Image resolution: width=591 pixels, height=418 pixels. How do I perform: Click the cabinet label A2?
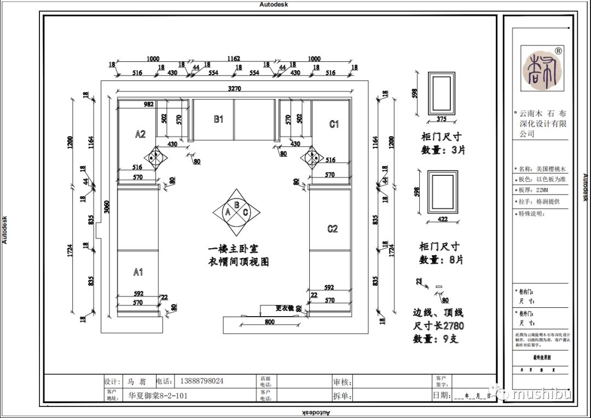click(140, 134)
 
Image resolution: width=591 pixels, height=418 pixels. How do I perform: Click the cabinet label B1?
click(218, 119)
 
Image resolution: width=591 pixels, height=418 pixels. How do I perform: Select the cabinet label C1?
click(334, 124)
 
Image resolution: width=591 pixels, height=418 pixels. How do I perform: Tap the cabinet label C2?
click(333, 229)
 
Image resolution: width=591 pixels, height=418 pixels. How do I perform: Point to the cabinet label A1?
click(138, 272)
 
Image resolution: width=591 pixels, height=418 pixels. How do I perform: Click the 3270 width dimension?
click(234, 89)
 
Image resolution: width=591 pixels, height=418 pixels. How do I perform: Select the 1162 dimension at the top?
click(234, 59)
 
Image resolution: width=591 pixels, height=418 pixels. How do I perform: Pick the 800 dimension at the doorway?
click(269, 322)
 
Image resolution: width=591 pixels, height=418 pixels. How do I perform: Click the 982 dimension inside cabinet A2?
click(148, 104)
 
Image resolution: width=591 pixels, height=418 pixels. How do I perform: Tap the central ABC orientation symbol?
click(236, 212)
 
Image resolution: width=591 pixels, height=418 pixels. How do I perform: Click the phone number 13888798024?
click(202, 381)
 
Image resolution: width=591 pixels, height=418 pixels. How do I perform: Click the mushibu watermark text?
click(542, 394)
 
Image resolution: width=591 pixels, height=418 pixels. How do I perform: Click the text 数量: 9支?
click(436, 339)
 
